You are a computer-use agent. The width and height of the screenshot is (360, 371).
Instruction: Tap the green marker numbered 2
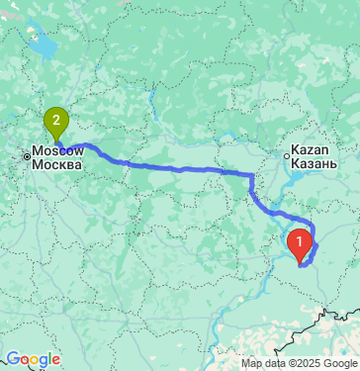[56, 123]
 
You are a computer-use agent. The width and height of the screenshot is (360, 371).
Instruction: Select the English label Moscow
[56, 149]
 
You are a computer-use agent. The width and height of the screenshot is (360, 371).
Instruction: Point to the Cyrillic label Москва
[57, 163]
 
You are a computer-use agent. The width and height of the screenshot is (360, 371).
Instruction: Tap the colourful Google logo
[34, 359]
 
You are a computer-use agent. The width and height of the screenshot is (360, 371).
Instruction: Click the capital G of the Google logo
[11, 359]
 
